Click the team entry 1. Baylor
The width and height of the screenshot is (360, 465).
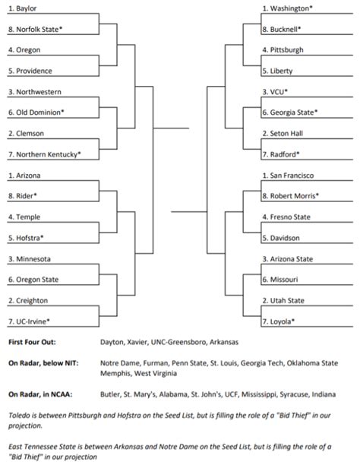click(x=22, y=8)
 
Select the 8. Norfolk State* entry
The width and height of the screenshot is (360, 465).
click(x=34, y=29)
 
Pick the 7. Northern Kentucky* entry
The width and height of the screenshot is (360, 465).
click(x=43, y=153)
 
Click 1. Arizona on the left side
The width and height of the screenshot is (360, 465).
click(x=24, y=175)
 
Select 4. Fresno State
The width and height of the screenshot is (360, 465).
click(x=286, y=217)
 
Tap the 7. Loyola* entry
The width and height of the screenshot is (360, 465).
click(x=279, y=321)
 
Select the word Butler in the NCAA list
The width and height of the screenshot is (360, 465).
click(x=111, y=394)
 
